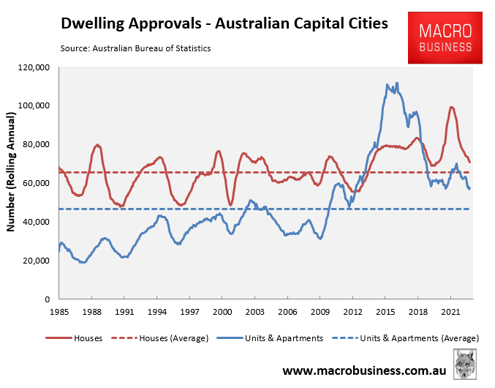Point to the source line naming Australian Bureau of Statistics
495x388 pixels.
point(135,48)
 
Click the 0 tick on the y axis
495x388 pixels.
point(46,299)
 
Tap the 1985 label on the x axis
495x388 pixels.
point(60,312)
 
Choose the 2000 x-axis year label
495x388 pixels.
point(222,312)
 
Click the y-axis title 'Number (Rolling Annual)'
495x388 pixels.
point(12,173)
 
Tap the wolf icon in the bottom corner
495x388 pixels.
point(466,364)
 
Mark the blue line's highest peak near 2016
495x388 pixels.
point(397,83)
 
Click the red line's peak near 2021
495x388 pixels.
point(451,107)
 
